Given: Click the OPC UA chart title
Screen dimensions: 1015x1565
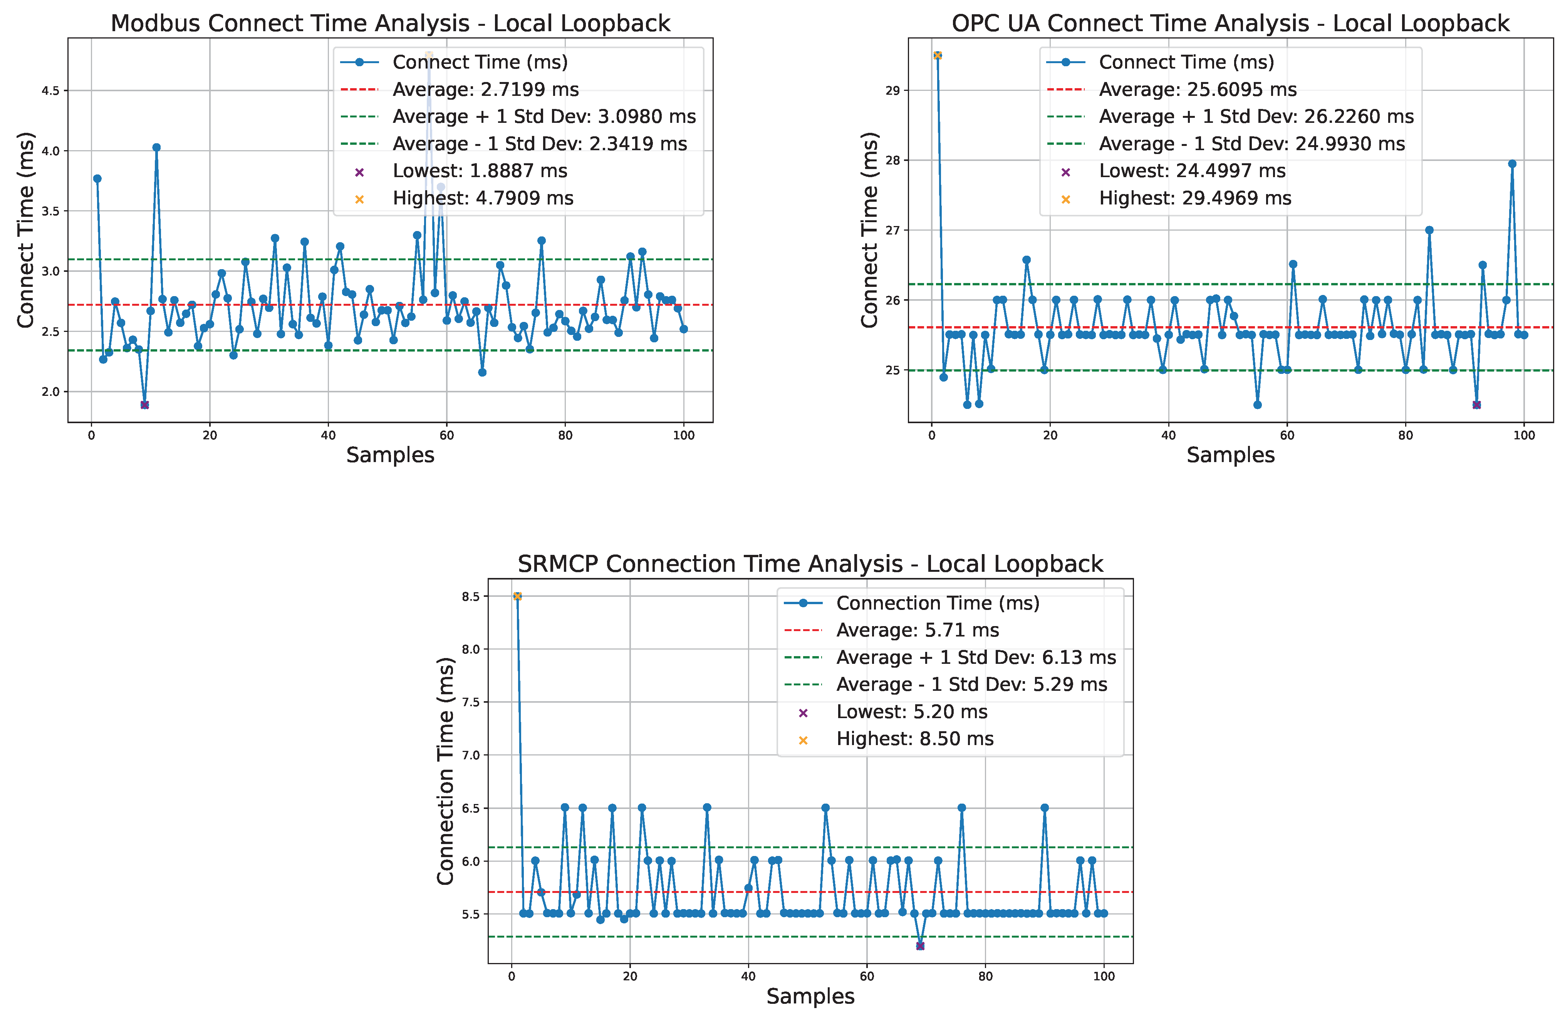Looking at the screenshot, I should coord(1230,23).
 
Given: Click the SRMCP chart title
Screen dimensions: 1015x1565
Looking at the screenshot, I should coord(810,564).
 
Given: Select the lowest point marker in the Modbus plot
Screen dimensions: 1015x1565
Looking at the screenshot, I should coord(145,405).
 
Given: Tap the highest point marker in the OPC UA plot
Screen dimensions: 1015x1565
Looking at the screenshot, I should coord(938,55).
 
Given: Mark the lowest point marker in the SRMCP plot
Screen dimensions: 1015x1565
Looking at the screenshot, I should coord(920,946).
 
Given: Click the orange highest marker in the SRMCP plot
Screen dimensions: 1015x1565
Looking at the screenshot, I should coord(518,596).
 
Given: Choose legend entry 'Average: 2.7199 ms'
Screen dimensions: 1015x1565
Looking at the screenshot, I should coord(485,89).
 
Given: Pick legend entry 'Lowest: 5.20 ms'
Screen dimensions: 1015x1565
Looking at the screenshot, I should coord(911,712).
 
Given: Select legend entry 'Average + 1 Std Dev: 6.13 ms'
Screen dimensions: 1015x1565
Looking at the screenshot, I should coord(976,657).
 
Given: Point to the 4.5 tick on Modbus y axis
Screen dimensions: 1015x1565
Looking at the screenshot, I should coord(50,91).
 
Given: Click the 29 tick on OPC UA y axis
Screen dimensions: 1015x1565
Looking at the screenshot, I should coord(892,91).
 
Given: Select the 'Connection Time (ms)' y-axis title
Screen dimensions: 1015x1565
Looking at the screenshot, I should coord(445,770).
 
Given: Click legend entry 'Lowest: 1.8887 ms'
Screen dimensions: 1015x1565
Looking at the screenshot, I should coord(480,171).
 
